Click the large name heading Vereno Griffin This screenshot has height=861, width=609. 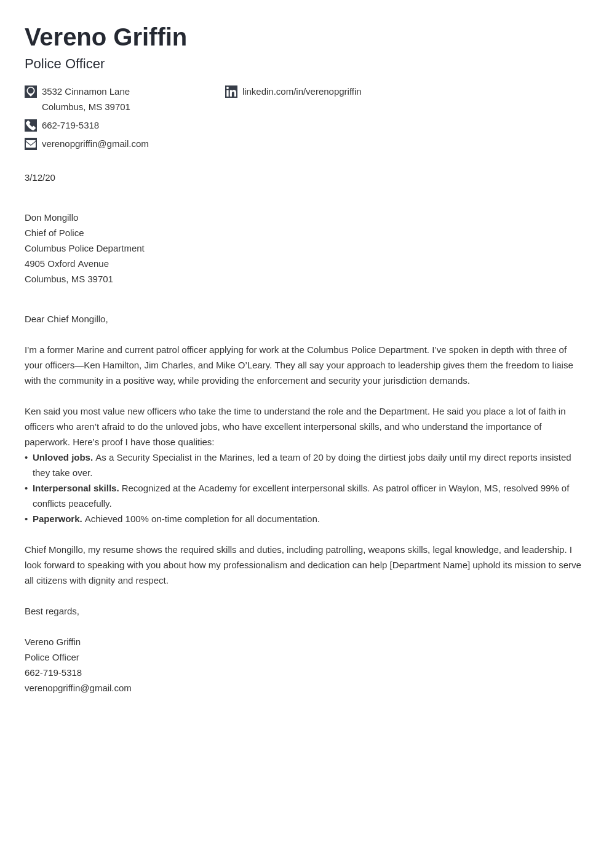pyautogui.click(x=105, y=38)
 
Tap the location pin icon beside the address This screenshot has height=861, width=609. pyautogui.click(x=31, y=92)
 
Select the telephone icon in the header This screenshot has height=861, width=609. pyautogui.click(x=31, y=125)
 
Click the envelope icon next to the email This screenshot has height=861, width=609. pyautogui.click(x=31, y=144)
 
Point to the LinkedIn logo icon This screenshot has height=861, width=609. pyautogui.click(x=231, y=92)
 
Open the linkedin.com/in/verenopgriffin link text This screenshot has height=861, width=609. pyautogui.click(x=301, y=92)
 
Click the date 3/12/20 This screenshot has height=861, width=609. pyautogui.click(x=40, y=178)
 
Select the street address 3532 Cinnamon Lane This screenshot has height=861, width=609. pyautogui.click(x=86, y=92)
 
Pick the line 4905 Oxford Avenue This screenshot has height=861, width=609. pyautogui.click(x=66, y=264)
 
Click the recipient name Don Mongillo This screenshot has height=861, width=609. pyautogui.click(x=51, y=218)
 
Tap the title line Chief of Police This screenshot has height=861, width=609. pyautogui.click(x=54, y=233)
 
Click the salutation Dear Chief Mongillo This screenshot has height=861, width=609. pyautogui.click(x=66, y=319)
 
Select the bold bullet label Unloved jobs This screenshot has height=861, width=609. pyautogui.click(x=63, y=458)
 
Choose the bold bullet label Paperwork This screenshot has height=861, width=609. pyautogui.click(x=57, y=519)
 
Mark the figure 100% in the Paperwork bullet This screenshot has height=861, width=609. pyautogui.click(x=137, y=519)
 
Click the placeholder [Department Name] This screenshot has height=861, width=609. pyautogui.click(x=429, y=565)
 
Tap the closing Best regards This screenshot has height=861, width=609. pyautogui.click(x=52, y=611)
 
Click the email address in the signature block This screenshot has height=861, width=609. pyautogui.click(x=78, y=688)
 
